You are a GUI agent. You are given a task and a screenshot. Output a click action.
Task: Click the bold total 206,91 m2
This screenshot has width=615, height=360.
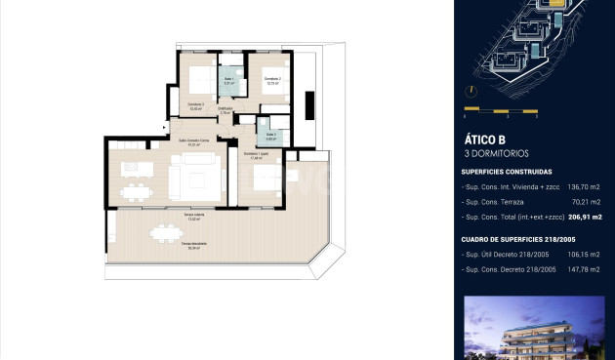coord(584,217)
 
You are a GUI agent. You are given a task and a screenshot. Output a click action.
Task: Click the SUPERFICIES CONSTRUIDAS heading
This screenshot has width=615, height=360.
coord(507,171)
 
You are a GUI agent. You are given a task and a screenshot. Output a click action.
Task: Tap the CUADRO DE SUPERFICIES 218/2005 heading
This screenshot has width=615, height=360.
coord(517,238)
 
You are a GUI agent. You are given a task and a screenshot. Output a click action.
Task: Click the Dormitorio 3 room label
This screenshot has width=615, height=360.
coord(195,107)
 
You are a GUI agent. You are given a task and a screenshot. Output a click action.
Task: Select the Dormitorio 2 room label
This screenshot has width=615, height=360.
coord(273,80)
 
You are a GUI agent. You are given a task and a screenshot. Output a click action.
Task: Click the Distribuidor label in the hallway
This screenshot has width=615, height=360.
coord(225,111)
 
